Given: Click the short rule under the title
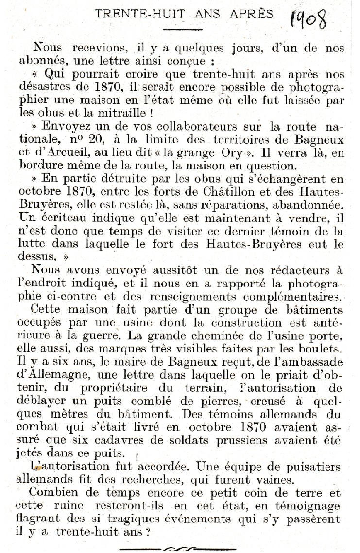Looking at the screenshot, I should (175, 30).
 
